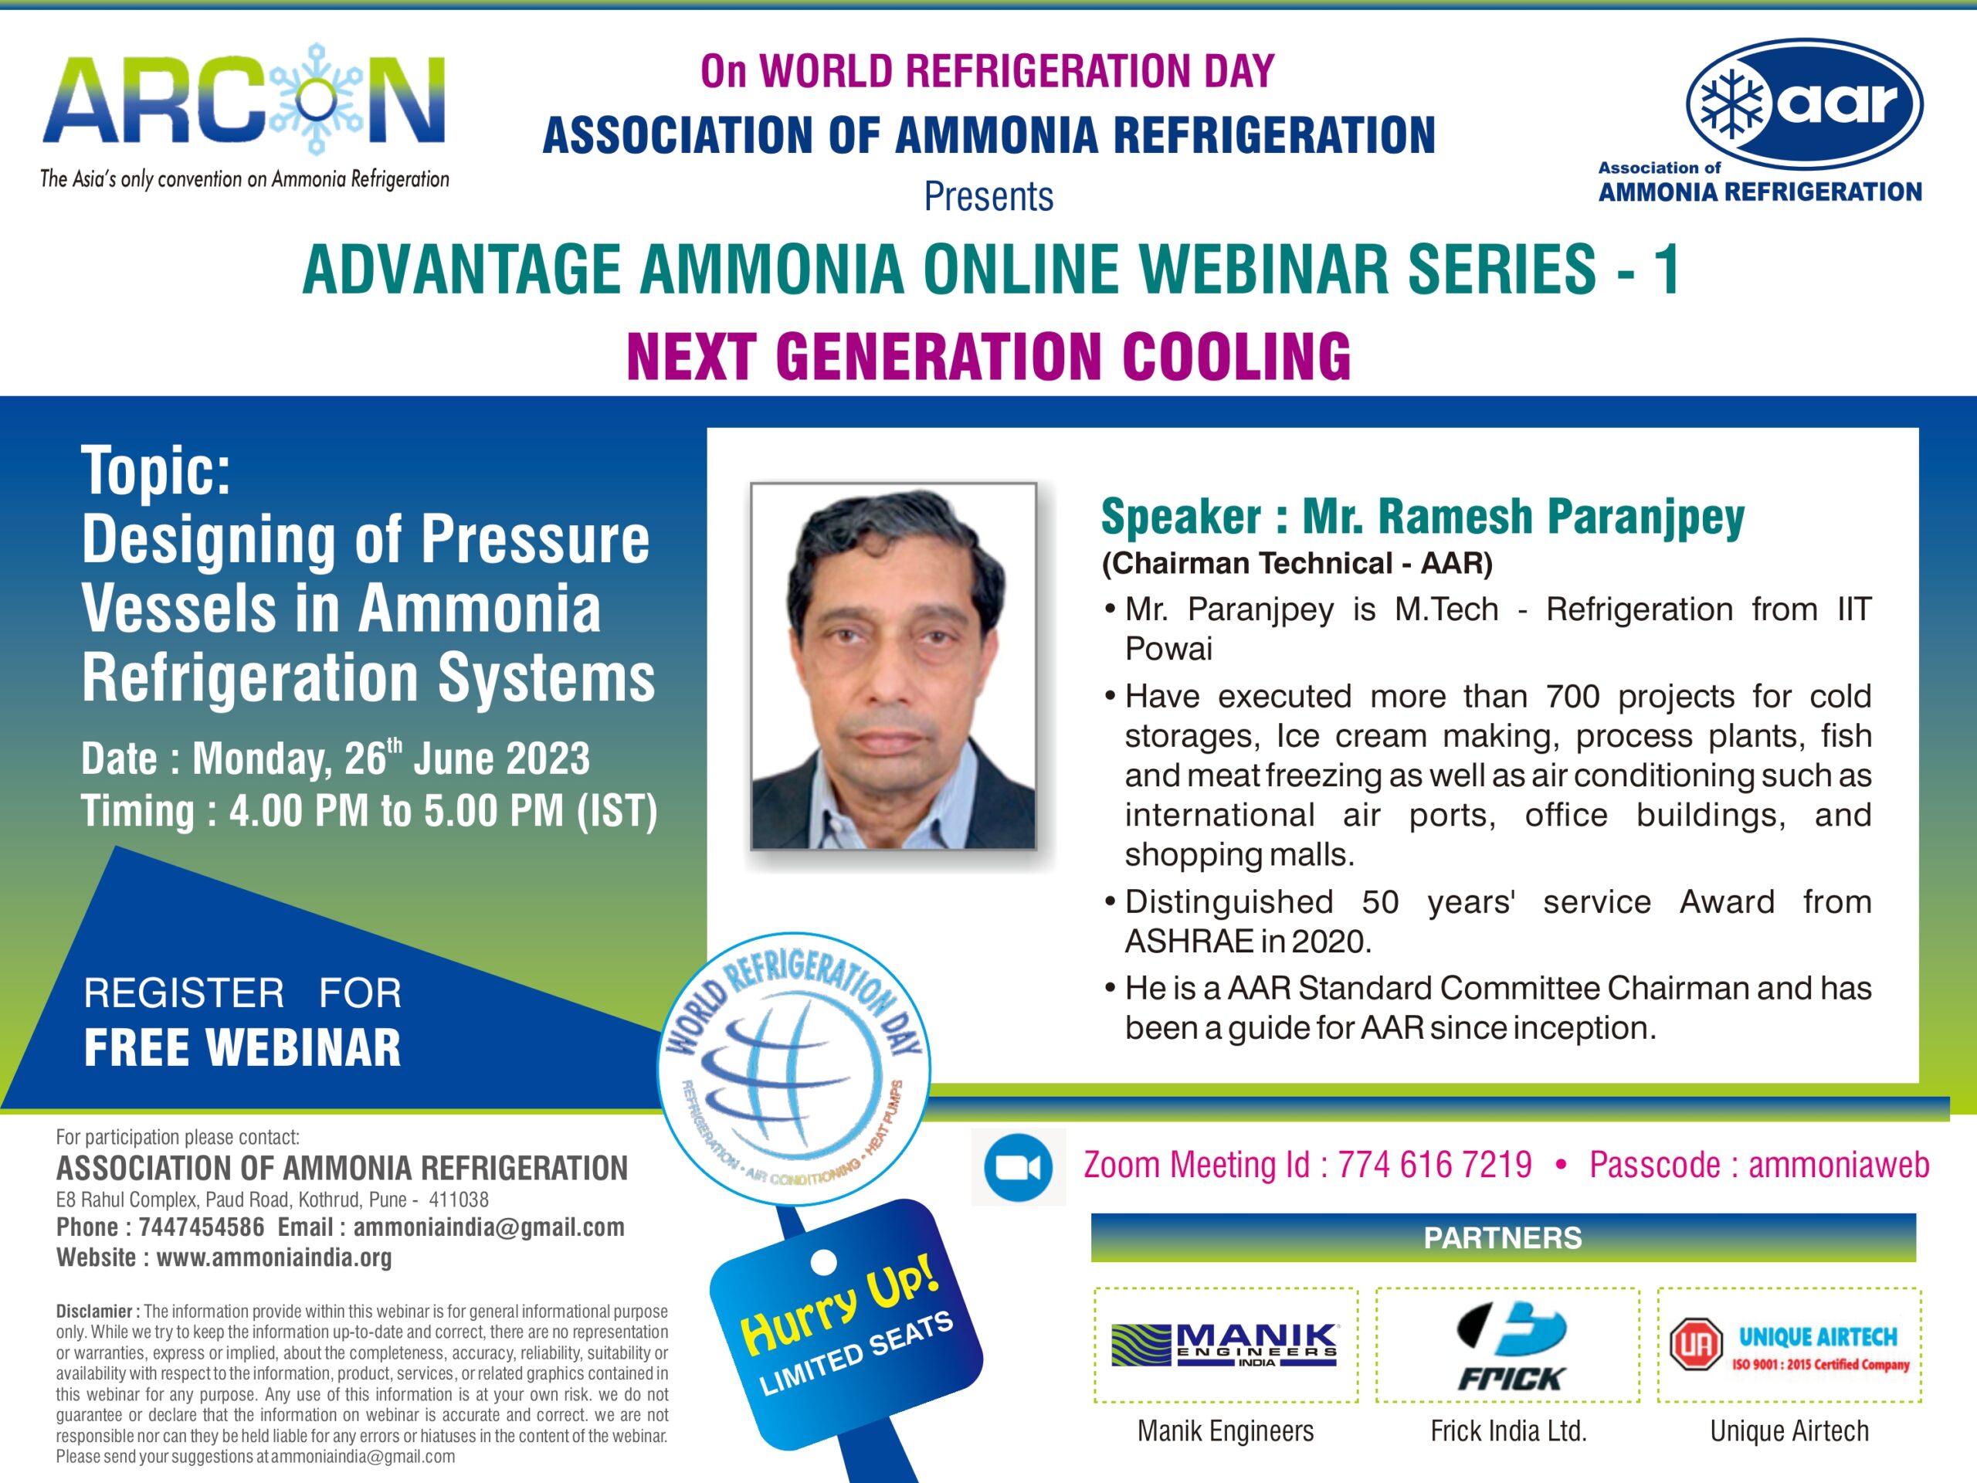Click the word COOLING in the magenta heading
[1236, 357]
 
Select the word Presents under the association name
[988, 197]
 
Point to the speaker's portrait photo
[893, 666]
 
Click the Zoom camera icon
[1017, 1167]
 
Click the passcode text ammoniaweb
[1839, 1166]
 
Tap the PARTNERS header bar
[1504, 1238]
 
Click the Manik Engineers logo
[1225, 1346]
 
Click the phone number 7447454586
[201, 1227]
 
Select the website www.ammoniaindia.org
[274, 1257]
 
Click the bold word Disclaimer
[95, 1312]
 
